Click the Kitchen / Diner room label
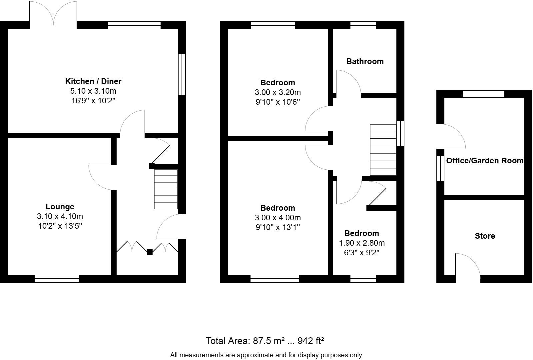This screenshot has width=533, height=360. [x=93, y=81]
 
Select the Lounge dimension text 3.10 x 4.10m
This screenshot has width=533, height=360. [x=60, y=216]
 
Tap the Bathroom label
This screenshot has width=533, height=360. [x=365, y=61]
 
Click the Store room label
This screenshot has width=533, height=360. [x=485, y=236]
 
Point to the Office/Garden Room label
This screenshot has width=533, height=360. [x=485, y=161]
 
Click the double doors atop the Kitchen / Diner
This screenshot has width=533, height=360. [x=53, y=13]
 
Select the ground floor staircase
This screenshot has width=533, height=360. [x=166, y=189]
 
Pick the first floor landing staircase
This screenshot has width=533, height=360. [x=383, y=150]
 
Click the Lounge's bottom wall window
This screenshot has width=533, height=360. [x=57, y=279]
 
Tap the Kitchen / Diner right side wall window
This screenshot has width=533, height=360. [x=182, y=75]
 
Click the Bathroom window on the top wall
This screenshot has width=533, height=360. [x=363, y=25]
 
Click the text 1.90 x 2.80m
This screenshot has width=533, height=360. [x=362, y=243]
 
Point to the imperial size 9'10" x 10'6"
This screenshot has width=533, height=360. [x=278, y=102]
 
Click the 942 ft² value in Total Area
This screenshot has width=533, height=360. [x=310, y=341]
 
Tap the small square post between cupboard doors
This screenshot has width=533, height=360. [x=150, y=252]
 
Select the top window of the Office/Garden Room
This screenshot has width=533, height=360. [x=483, y=94]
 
